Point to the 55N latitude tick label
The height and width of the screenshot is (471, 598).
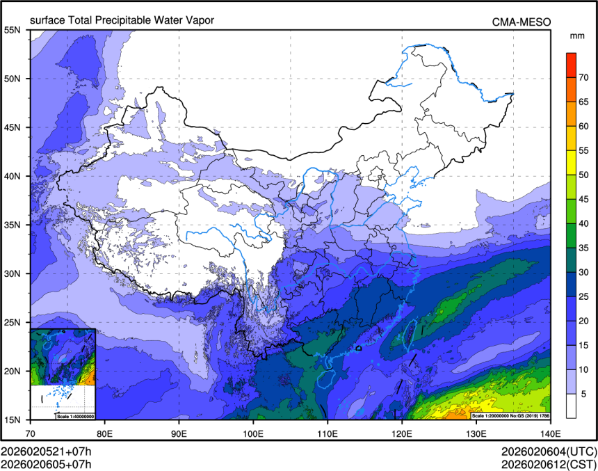[x=12, y=30]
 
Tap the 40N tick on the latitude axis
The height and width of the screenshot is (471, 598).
[x=12, y=176]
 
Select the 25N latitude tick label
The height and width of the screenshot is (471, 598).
[x=12, y=322]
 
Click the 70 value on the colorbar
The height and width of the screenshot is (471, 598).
[x=584, y=77]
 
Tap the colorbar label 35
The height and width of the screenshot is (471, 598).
[x=584, y=248]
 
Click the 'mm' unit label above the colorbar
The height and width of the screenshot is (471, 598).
[x=576, y=35]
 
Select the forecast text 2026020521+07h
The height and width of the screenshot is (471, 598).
[x=46, y=451]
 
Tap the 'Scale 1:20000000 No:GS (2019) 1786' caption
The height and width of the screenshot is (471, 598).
[x=510, y=416]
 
